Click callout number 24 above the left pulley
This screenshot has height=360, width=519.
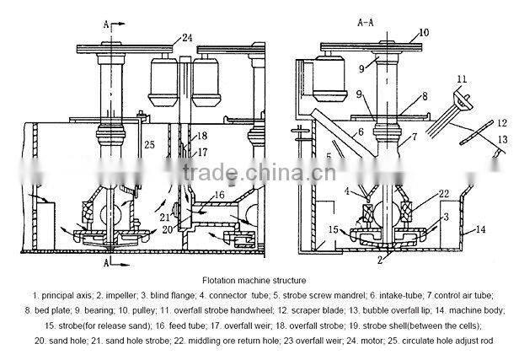(187, 37)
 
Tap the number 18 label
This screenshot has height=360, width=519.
(201, 136)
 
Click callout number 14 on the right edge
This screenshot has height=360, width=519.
(480, 228)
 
